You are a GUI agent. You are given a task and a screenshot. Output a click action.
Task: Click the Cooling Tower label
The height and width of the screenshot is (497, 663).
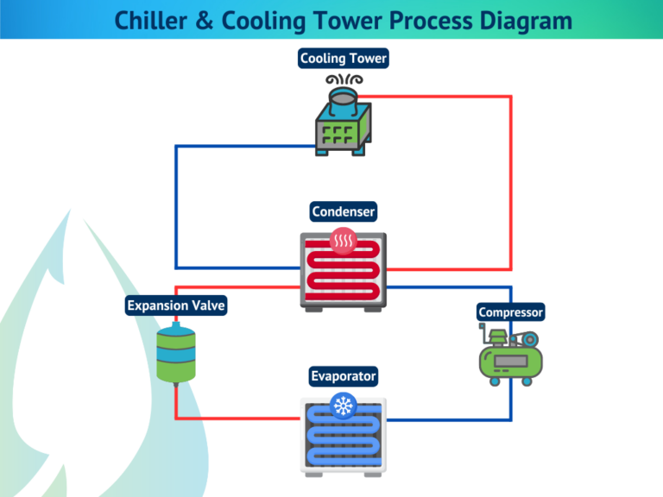(344, 59)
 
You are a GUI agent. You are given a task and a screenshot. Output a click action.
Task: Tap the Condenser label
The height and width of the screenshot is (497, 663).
(344, 211)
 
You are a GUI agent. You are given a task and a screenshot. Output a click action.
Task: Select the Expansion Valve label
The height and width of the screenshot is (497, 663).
(176, 305)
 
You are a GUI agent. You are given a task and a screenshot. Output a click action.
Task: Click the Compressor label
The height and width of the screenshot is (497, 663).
(511, 311)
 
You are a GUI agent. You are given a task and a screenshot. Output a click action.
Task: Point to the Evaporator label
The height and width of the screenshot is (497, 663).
(344, 376)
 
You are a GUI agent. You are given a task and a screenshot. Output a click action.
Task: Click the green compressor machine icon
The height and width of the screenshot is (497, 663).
(509, 354)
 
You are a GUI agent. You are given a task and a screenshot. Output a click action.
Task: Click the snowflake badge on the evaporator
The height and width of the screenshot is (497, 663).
(344, 405)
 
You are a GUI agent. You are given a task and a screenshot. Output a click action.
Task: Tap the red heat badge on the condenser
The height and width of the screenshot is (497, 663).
(344, 238)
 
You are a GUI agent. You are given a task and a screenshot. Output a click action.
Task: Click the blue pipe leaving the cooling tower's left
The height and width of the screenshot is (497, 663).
(176, 198)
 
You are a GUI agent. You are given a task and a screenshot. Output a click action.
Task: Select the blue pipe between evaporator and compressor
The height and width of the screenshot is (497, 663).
(449, 420)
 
